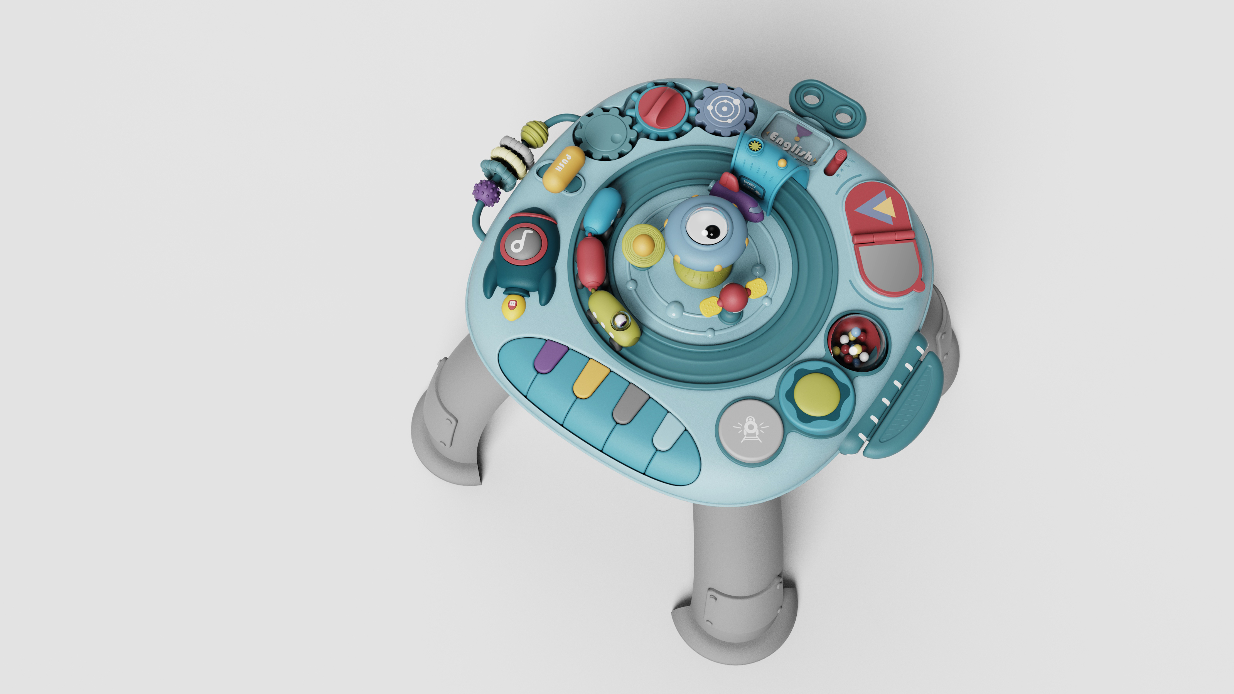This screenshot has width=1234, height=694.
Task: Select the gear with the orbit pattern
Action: click(724, 111)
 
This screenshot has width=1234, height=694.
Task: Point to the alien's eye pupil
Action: click(712, 231)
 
